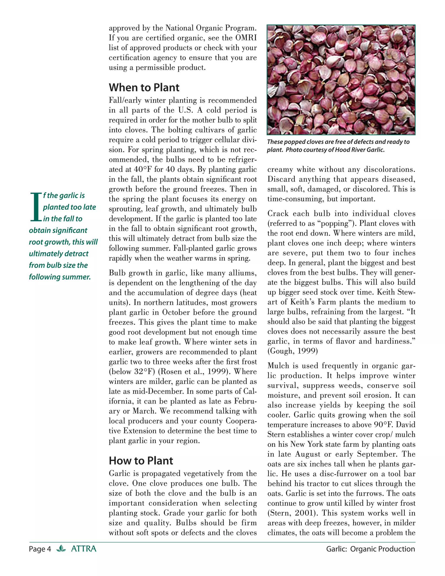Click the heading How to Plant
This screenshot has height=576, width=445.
[141, 461]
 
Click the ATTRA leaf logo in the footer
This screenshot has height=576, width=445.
[61, 549]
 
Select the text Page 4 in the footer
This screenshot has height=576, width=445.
[40, 549]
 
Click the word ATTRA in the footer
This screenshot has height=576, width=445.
[84, 549]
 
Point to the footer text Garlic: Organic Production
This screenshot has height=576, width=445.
[370, 549]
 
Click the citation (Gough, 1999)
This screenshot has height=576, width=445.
[293, 351]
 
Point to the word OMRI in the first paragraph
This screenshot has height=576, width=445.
[246, 38]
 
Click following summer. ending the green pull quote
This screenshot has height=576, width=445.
[60, 277]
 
